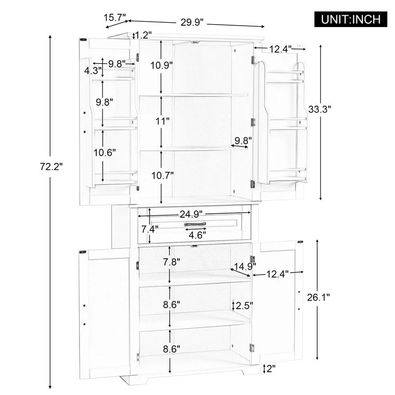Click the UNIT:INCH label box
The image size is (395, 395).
click(x=352, y=19)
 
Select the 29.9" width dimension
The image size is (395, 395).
click(x=192, y=22)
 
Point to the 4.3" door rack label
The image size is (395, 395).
click(x=93, y=71)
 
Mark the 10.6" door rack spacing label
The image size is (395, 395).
click(x=105, y=153)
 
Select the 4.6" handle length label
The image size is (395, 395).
click(x=198, y=235)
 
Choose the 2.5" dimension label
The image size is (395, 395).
click(x=242, y=305)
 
